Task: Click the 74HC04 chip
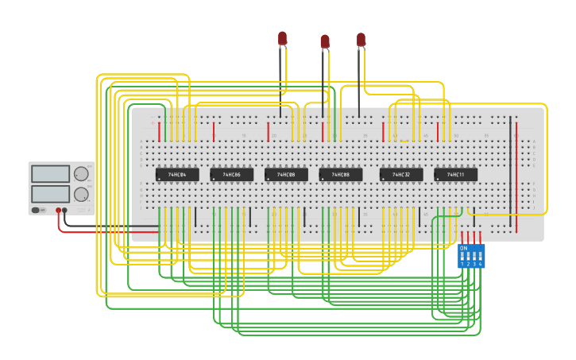tap(177, 174)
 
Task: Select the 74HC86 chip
tap(231, 174)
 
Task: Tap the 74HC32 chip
tap(401, 174)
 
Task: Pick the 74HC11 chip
tap(455, 174)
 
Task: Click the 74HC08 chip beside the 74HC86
tap(286, 174)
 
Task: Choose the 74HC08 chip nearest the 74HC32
tap(341, 174)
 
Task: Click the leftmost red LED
tap(282, 37)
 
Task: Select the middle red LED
tap(325, 41)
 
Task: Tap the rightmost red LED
tap(361, 38)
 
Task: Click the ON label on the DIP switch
tap(463, 248)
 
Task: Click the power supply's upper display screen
tap(50, 174)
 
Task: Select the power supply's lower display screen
tap(50, 194)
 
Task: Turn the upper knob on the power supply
tap(81, 174)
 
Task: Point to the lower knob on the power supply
tap(81, 194)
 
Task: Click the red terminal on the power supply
tap(58, 211)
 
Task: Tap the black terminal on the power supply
tap(65, 211)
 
